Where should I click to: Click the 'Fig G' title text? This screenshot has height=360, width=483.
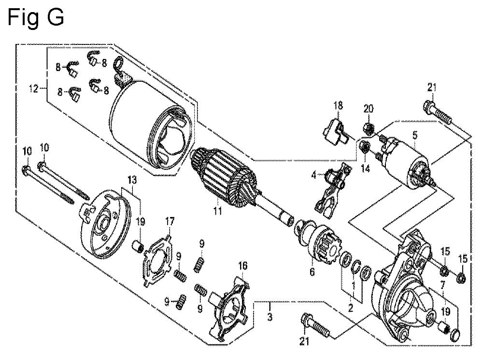coord(36,18)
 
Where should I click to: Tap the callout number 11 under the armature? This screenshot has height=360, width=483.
coord(218,211)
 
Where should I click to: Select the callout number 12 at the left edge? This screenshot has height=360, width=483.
coord(34,89)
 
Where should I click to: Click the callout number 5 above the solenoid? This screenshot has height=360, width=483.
coord(414,135)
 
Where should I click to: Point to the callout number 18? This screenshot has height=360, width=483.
coord(338,105)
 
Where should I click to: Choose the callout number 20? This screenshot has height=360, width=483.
coord(369,109)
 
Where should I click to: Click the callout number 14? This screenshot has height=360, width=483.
coord(365,169)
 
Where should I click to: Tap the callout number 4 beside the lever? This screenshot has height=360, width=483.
coord(314,175)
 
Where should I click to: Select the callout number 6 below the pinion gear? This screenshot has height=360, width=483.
coord(312,272)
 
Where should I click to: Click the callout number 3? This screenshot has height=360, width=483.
coord(270,316)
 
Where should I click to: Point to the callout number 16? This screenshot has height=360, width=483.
coord(243,265)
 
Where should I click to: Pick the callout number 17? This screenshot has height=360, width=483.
coord(170,221)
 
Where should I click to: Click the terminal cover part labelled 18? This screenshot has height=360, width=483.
coord(334,132)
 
